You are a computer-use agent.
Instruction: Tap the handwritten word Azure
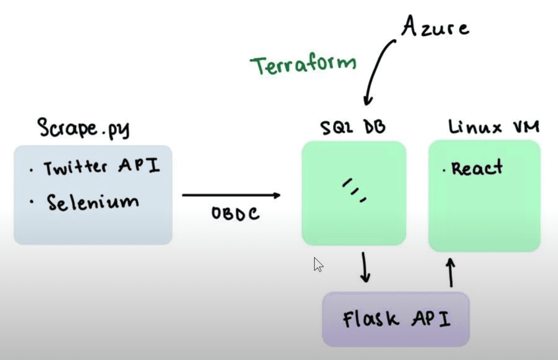[435, 27]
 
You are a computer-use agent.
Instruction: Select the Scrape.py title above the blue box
[84, 128]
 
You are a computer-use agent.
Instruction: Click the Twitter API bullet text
[102, 166]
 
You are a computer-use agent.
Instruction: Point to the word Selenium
[93, 202]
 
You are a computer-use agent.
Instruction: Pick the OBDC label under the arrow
[235, 213]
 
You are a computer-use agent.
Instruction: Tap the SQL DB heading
[353, 127]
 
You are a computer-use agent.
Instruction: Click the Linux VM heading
[494, 127]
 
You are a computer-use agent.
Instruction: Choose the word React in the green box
[477, 168]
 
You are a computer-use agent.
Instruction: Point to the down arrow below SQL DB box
[365, 267]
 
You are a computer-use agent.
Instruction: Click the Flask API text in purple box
[397, 319]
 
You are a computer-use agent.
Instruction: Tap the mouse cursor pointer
[318, 264]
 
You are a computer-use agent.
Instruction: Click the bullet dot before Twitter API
[31, 170]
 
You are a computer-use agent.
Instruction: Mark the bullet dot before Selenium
[32, 202]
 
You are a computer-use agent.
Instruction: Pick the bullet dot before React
[444, 171]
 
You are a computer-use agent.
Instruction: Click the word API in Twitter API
[139, 165]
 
